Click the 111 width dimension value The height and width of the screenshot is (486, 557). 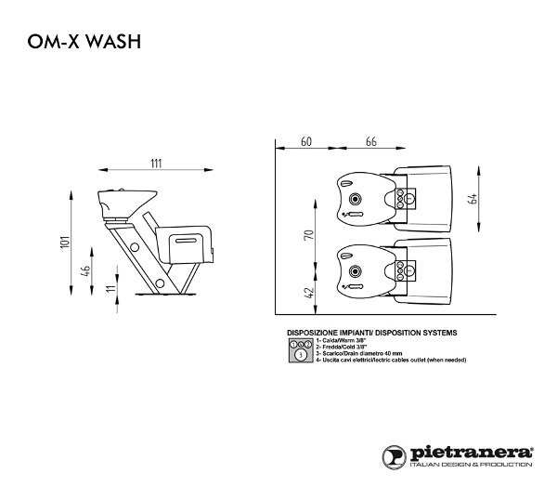click(154, 164)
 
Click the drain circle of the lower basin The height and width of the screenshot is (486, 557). click(354, 271)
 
